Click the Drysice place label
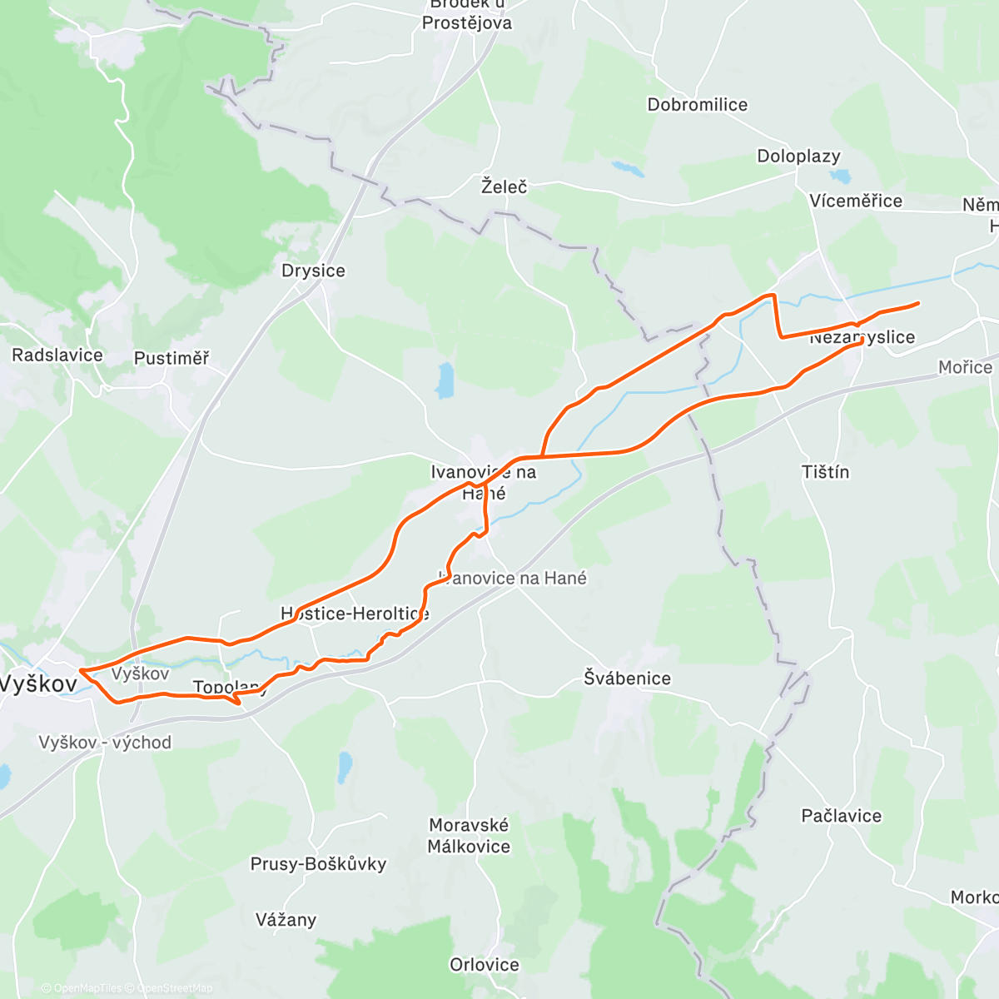[313, 271]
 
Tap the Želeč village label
[504, 186]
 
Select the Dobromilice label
[698, 105]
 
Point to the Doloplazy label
[798, 156]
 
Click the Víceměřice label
[856, 201]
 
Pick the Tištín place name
[825, 472]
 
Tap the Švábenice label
[627, 678]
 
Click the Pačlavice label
[841, 816]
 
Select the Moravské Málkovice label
[469, 836]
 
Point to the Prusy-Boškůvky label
[318, 863]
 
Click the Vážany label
[286, 920]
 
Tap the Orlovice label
[485, 965]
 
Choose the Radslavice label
[57, 355]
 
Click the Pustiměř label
[171, 358]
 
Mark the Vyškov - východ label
[105, 742]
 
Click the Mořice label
[965, 367]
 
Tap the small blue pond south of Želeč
[446, 380]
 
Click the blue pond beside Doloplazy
[840, 176]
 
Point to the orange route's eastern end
[917, 304]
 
